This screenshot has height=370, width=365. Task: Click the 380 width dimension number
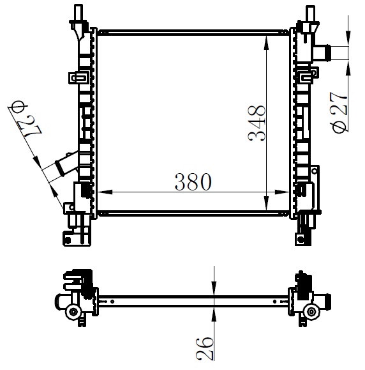pos(193,181)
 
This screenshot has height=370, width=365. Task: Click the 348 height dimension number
pos(257,123)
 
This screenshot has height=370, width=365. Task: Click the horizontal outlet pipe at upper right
pos(322,53)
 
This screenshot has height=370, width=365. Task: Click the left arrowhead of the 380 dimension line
pos(105,192)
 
